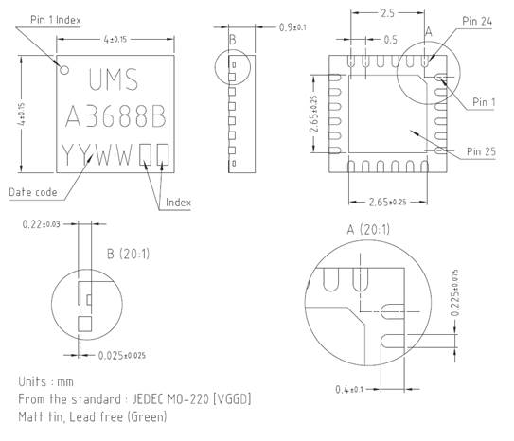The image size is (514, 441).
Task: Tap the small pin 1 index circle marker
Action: [64, 69]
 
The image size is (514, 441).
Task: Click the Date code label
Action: [33, 192]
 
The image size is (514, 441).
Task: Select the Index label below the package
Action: [179, 202]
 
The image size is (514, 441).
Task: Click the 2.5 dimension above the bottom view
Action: [386, 13]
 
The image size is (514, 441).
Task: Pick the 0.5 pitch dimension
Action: [389, 40]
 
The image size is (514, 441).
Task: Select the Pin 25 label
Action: [483, 150]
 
